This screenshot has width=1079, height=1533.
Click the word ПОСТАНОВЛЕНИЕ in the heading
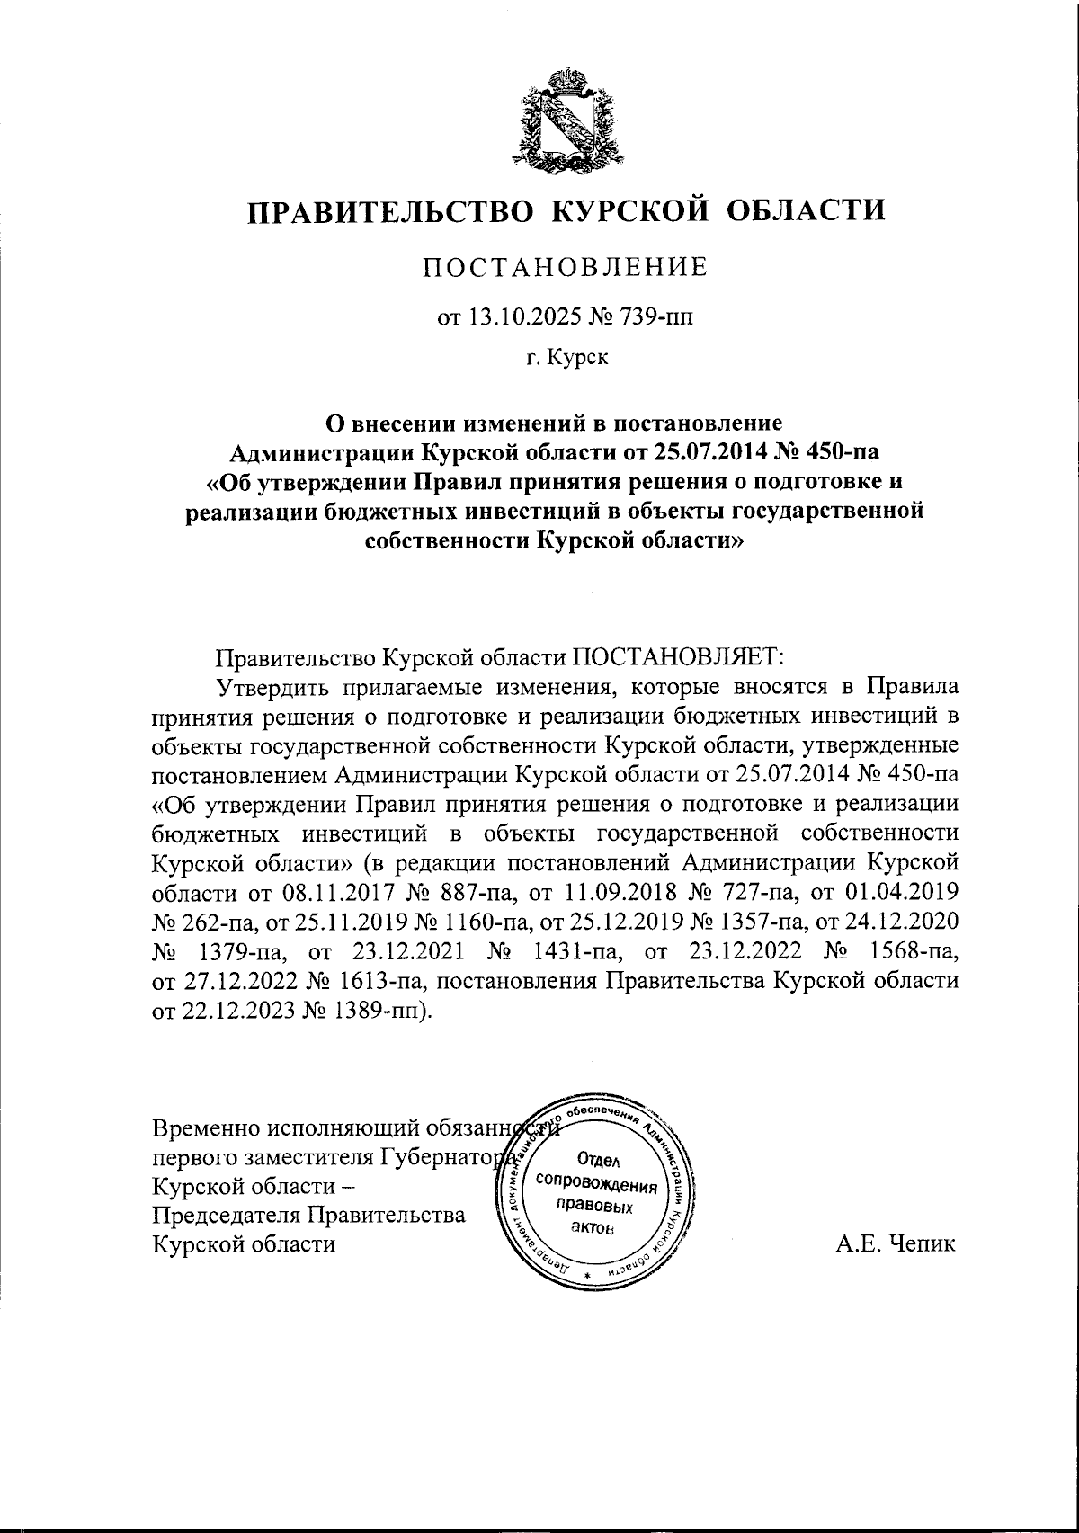(x=566, y=267)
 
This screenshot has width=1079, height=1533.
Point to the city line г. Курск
(x=566, y=359)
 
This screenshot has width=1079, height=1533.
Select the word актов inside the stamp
(x=594, y=1228)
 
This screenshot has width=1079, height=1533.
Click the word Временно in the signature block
(x=212, y=1127)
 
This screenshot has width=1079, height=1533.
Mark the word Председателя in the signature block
(x=229, y=1216)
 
